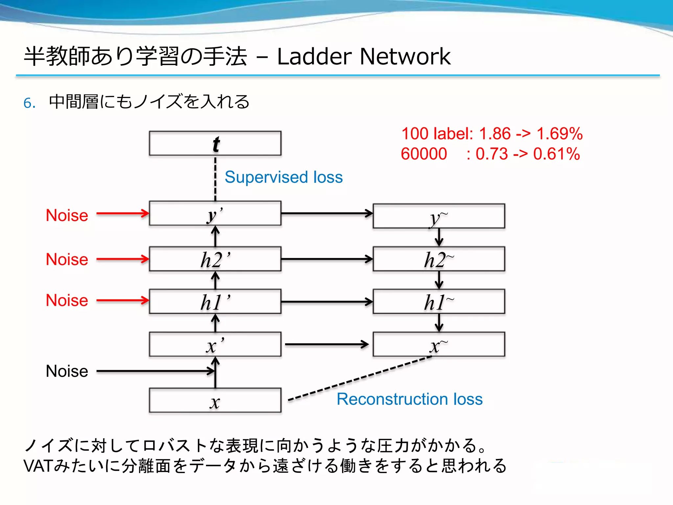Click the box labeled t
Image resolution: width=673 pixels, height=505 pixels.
pyautogui.click(x=215, y=143)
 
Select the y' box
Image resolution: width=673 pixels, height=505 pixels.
pyautogui.click(x=215, y=213)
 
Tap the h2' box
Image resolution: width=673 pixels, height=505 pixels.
pyautogui.click(x=215, y=259)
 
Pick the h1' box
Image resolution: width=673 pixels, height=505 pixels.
pyautogui.click(x=215, y=301)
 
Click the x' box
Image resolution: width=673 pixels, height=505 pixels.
pyautogui.click(x=215, y=344)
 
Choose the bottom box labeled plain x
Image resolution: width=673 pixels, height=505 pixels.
pyautogui.click(x=215, y=400)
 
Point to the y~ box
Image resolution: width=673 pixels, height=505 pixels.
pyautogui.click(x=439, y=216)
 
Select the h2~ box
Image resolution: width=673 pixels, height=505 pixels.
pyautogui.click(x=439, y=259)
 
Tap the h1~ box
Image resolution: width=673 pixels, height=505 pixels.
pyautogui.click(x=439, y=301)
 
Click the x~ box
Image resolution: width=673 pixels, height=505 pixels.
pyautogui.click(x=439, y=344)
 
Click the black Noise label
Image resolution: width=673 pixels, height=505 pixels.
pyautogui.click(x=67, y=371)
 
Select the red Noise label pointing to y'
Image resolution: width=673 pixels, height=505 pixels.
pyautogui.click(x=67, y=215)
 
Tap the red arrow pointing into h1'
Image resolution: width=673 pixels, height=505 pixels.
pyautogui.click(x=122, y=300)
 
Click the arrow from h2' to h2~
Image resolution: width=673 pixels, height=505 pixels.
pyautogui.click(x=327, y=259)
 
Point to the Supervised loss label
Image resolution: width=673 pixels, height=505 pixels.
pyautogui.click(x=284, y=177)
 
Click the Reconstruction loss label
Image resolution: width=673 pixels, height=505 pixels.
pyautogui.click(x=409, y=399)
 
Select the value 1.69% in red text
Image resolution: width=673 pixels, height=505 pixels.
pyautogui.click(x=559, y=134)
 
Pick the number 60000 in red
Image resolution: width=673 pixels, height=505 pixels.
pyautogui.click(x=424, y=154)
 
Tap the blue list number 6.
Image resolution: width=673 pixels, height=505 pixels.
pyautogui.click(x=29, y=103)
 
